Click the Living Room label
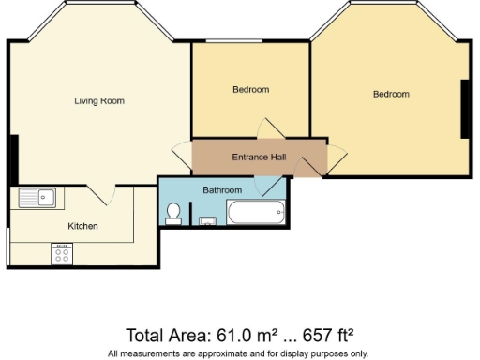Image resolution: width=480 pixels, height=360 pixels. (99, 101)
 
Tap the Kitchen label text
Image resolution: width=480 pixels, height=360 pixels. (82, 226)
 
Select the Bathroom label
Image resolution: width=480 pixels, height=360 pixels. (222, 190)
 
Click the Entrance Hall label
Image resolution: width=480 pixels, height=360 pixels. (259, 157)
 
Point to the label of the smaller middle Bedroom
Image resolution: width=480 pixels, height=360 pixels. (250, 90)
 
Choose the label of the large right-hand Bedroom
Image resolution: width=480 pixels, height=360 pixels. (391, 94)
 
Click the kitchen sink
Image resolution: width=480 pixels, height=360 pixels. (37, 198)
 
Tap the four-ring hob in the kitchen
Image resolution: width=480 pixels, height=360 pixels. (62, 252)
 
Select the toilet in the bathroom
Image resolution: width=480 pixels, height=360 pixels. (172, 215)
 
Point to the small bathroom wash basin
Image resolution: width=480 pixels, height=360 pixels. (207, 221)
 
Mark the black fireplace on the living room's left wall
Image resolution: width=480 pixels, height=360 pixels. (12, 159)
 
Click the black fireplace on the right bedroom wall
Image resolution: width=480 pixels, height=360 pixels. (464, 109)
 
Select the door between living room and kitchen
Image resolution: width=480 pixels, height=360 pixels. (103, 192)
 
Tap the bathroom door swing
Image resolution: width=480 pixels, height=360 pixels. (275, 185)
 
